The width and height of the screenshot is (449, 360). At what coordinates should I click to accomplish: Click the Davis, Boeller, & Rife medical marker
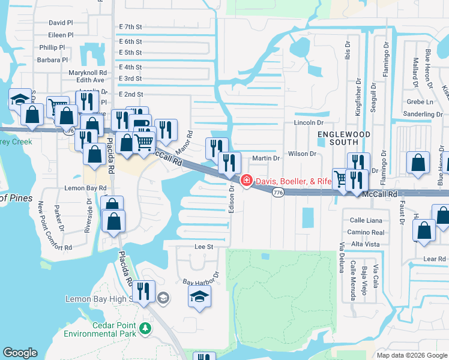click(246, 181)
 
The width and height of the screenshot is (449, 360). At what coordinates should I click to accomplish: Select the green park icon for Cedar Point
click(144, 328)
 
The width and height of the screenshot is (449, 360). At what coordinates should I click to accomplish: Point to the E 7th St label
click(130, 27)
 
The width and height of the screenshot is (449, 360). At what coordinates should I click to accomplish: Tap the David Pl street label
click(61, 23)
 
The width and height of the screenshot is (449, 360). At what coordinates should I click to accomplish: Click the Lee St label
click(204, 247)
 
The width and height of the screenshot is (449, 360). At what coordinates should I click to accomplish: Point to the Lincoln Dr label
click(309, 122)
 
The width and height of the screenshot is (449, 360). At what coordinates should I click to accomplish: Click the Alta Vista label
click(365, 244)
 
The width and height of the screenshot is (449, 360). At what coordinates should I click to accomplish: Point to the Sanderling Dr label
click(423, 113)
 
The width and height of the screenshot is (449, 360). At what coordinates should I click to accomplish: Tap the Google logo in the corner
click(20, 353)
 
